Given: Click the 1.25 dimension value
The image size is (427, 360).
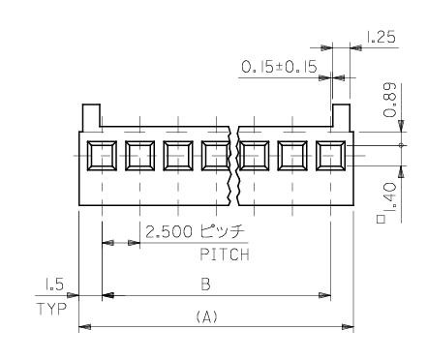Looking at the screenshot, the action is pos(381,37).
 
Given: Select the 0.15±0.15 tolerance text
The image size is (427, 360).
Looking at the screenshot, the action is pos(279,67).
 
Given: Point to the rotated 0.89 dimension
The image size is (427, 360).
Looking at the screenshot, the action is pos(389,100).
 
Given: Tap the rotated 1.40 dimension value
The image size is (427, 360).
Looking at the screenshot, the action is pos(390,196).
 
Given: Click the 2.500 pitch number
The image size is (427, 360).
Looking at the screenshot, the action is pos(169,231).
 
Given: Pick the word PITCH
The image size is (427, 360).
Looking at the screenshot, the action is pos(225,255).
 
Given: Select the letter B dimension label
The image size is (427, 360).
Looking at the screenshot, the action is pos(205,285).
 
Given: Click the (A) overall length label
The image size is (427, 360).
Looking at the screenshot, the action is pos(207,316).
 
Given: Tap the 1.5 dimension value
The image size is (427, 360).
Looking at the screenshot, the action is pos(54,285).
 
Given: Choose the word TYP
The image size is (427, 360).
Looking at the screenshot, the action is pos(51,309).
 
